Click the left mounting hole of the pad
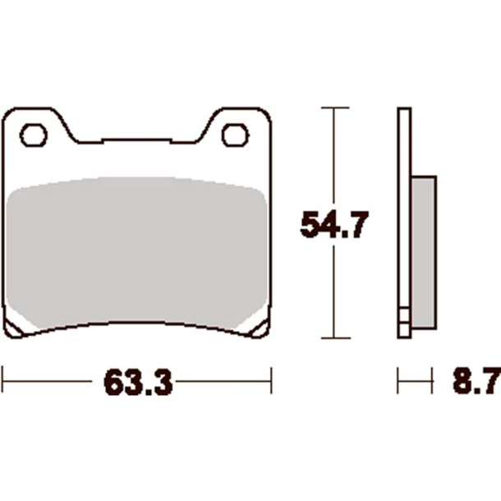[x=34, y=135]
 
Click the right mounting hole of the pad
[x=236, y=135]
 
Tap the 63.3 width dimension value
[x=138, y=382]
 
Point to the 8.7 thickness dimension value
[x=476, y=382]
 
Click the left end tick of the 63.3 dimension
[x=5, y=380]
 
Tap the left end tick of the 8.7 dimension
[x=399, y=380]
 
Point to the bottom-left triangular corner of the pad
[x=16, y=329]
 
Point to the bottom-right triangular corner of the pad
[x=257, y=329]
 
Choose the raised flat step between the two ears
[x=136, y=140]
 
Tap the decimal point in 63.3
[x=139, y=392]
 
